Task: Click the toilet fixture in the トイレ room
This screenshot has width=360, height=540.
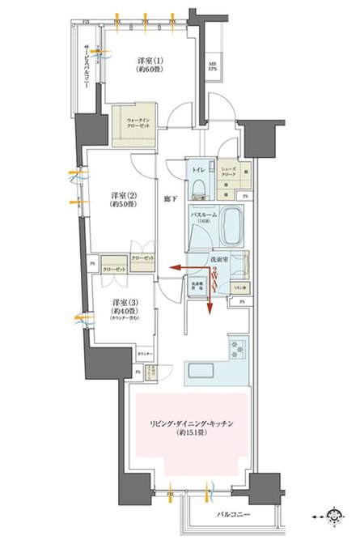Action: point(199,189)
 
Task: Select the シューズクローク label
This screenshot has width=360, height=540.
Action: point(231,171)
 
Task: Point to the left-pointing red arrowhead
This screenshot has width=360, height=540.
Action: point(173,270)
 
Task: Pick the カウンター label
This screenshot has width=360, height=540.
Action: point(145,355)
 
